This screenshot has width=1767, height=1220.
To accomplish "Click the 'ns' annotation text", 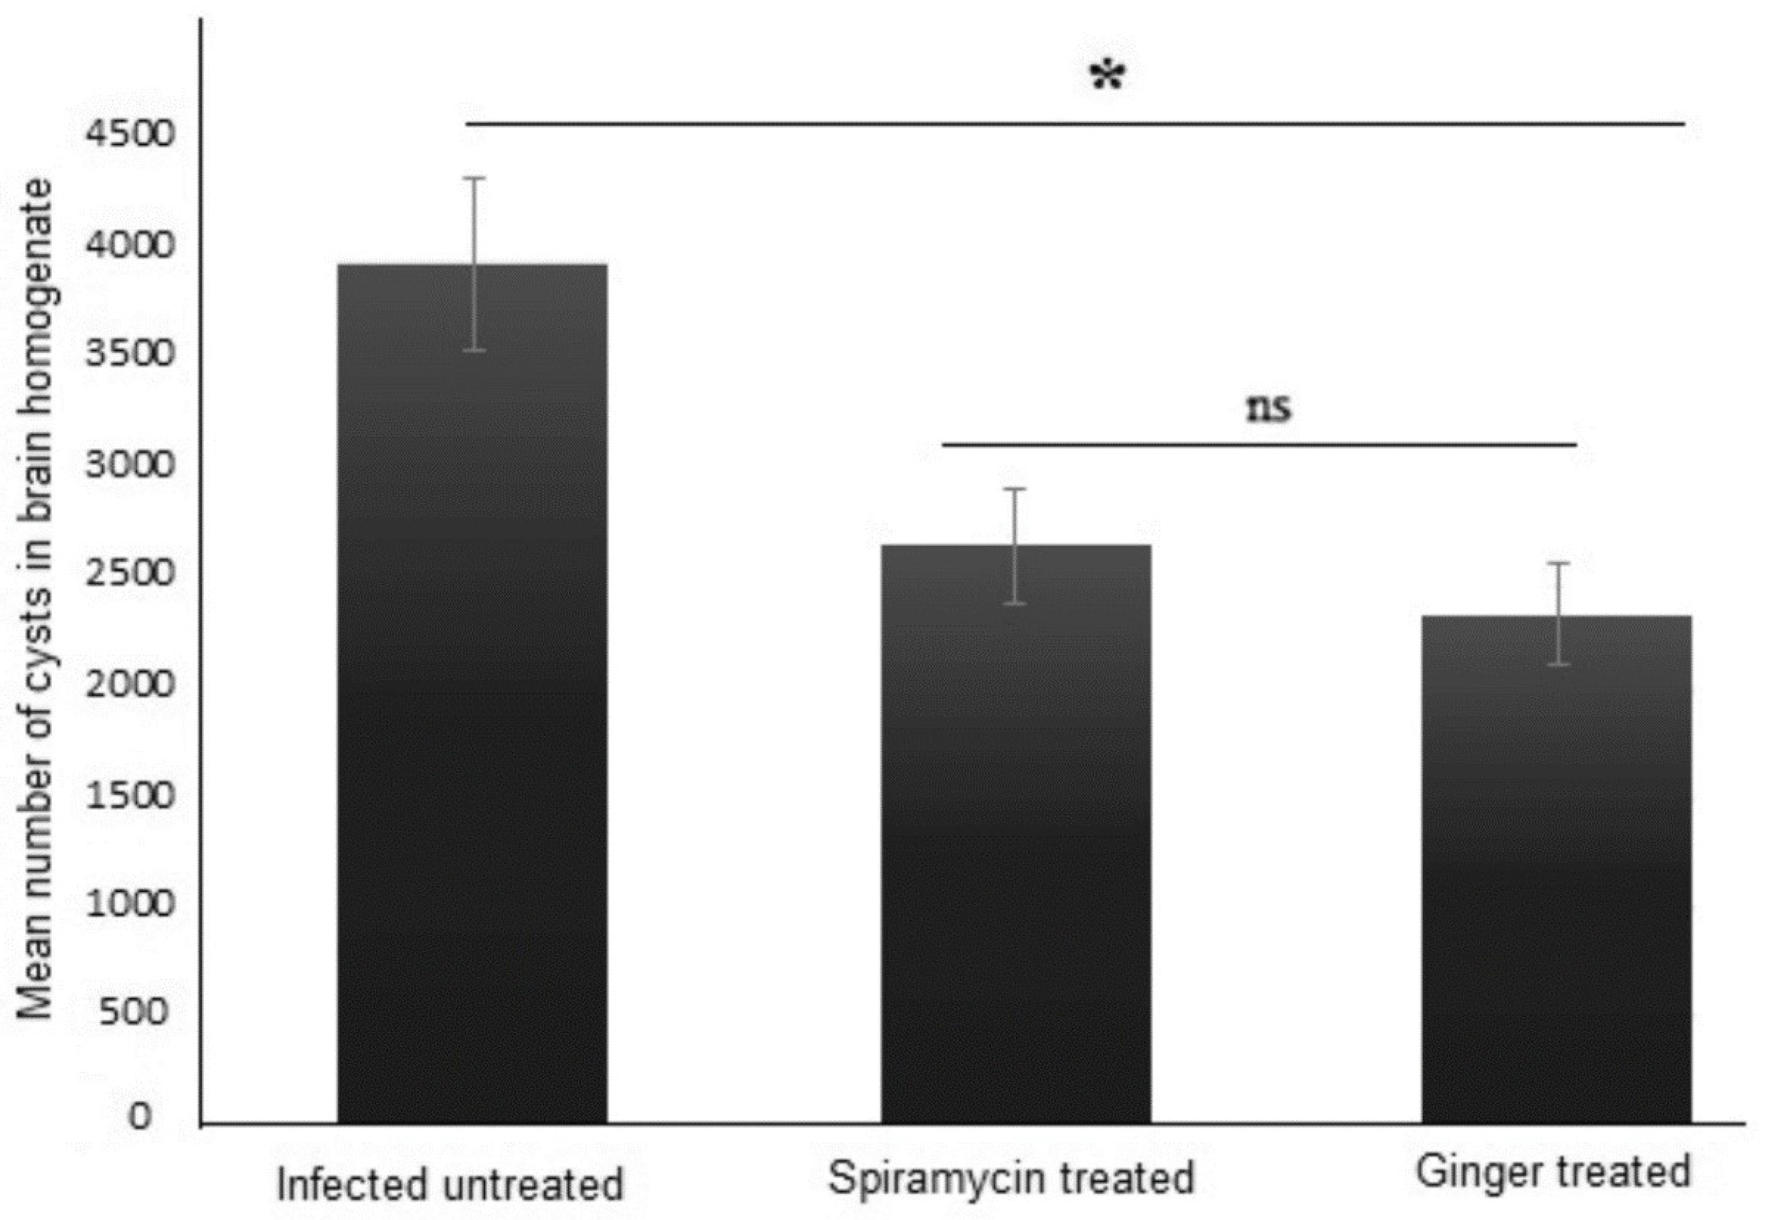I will (1269, 409).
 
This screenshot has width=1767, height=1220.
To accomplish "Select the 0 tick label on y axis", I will (140, 1117).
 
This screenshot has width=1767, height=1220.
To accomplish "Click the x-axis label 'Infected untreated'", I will (450, 1184).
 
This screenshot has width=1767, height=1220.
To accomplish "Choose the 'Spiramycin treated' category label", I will (1010, 1177).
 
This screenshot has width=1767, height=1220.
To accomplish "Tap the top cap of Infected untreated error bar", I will (476, 178).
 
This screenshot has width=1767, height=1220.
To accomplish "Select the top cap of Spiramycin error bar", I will (1014, 489).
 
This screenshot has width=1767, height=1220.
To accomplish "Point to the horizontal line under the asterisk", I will (1070, 123).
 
